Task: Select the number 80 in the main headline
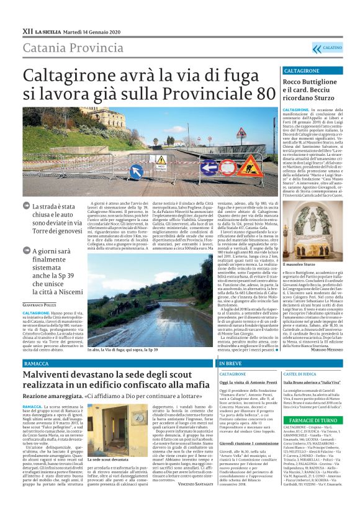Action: point(261,93)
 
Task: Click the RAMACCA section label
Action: point(37,362)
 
